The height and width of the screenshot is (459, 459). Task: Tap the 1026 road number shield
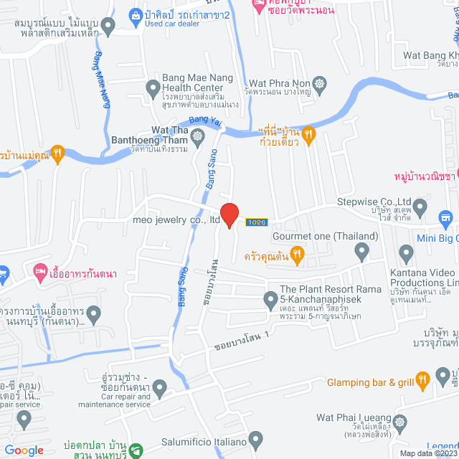click(256, 222)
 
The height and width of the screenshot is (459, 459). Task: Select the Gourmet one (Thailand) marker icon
click(361, 251)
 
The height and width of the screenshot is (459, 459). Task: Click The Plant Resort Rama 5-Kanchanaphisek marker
click(270, 302)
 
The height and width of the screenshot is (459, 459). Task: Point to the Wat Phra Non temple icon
click(320, 83)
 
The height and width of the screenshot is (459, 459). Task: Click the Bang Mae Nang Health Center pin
click(152, 89)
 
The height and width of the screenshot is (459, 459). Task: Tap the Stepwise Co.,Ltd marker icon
click(422, 209)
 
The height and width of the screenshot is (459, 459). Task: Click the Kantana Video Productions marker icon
click(407, 252)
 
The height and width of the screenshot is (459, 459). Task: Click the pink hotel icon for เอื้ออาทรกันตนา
click(39, 272)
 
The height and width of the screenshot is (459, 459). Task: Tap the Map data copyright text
click(427, 453)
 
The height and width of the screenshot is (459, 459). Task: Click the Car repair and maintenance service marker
click(159, 389)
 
